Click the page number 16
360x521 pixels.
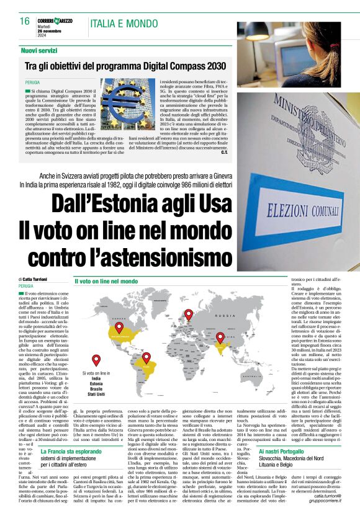24,21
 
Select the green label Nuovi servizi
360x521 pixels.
39,50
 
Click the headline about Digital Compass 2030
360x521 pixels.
125,65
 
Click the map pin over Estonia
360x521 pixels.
189,314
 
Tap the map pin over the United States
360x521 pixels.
119,327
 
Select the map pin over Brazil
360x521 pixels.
146,358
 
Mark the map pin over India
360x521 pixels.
220,337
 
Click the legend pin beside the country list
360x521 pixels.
96,360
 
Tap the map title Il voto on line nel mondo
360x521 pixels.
106,282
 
